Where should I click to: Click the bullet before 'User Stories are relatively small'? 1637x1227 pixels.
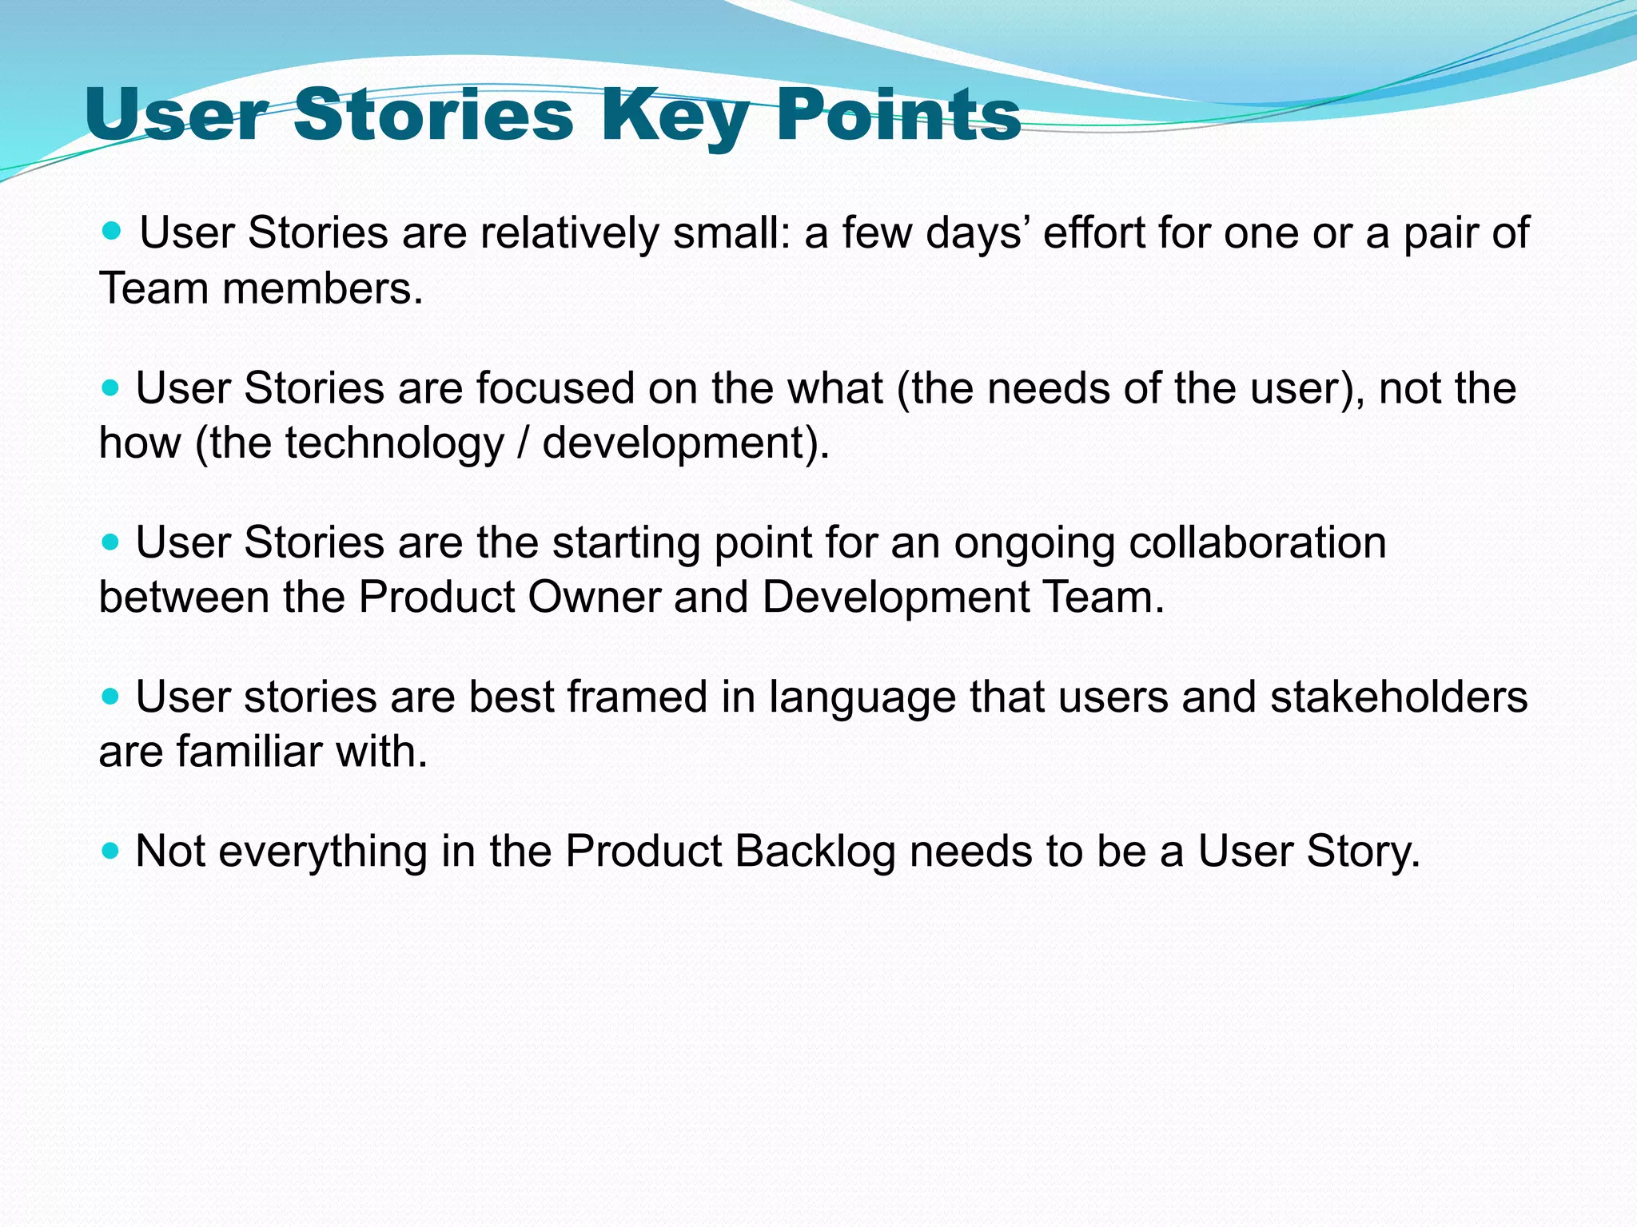pyautogui.click(x=113, y=232)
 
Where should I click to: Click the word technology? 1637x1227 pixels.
pyautogui.click(x=394, y=443)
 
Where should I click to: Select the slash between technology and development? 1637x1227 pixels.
pyautogui.click(x=524, y=443)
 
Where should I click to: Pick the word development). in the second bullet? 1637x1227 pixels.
pyautogui.click(x=686, y=443)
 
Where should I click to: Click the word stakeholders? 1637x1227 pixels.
pyautogui.click(x=1398, y=697)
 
